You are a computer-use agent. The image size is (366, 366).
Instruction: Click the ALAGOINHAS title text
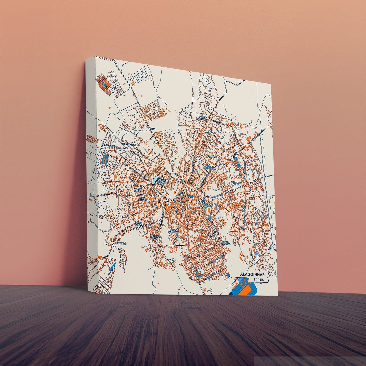(x=252, y=275)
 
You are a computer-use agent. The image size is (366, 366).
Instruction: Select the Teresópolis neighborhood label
(x=129, y=144)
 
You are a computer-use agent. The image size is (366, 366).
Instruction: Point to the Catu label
(x=152, y=129)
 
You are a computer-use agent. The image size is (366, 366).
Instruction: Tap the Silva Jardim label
(x=143, y=198)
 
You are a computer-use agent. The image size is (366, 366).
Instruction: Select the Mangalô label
(x=121, y=243)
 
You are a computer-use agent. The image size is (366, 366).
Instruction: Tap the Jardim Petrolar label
(x=226, y=243)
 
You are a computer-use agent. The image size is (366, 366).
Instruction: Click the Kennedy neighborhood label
(x=212, y=157)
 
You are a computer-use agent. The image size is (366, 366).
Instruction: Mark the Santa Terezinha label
(x=203, y=118)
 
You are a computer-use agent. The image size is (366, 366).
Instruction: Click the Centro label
(x=181, y=202)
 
